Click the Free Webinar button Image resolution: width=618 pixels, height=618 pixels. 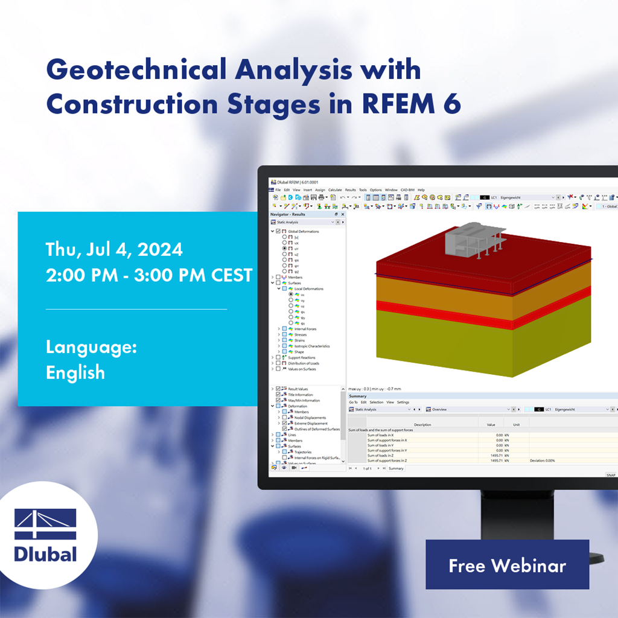[x=507, y=565]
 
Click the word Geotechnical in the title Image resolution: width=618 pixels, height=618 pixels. [x=136, y=71]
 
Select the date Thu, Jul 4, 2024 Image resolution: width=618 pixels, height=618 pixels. [x=114, y=249]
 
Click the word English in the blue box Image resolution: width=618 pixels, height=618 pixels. [x=75, y=372]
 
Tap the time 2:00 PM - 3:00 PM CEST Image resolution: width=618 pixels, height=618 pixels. [x=149, y=275]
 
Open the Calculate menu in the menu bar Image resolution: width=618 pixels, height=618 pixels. [x=335, y=190]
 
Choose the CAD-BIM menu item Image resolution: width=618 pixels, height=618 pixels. [x=407, y=190]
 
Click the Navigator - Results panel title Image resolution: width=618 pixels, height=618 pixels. [x=288, y=214]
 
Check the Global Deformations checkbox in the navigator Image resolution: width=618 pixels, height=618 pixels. [x=278, y=231]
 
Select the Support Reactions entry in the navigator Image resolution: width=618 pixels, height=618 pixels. [x=302, y=358]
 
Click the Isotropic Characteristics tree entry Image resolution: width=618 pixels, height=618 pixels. [x=312, y=346]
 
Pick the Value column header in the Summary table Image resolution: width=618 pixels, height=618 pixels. [x=491, y=424]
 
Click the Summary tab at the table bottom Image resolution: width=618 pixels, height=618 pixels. [x=396, y=468]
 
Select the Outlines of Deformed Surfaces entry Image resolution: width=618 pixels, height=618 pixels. [x=316, y=429]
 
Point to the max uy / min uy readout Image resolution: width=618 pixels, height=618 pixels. [x=375, y=389]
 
